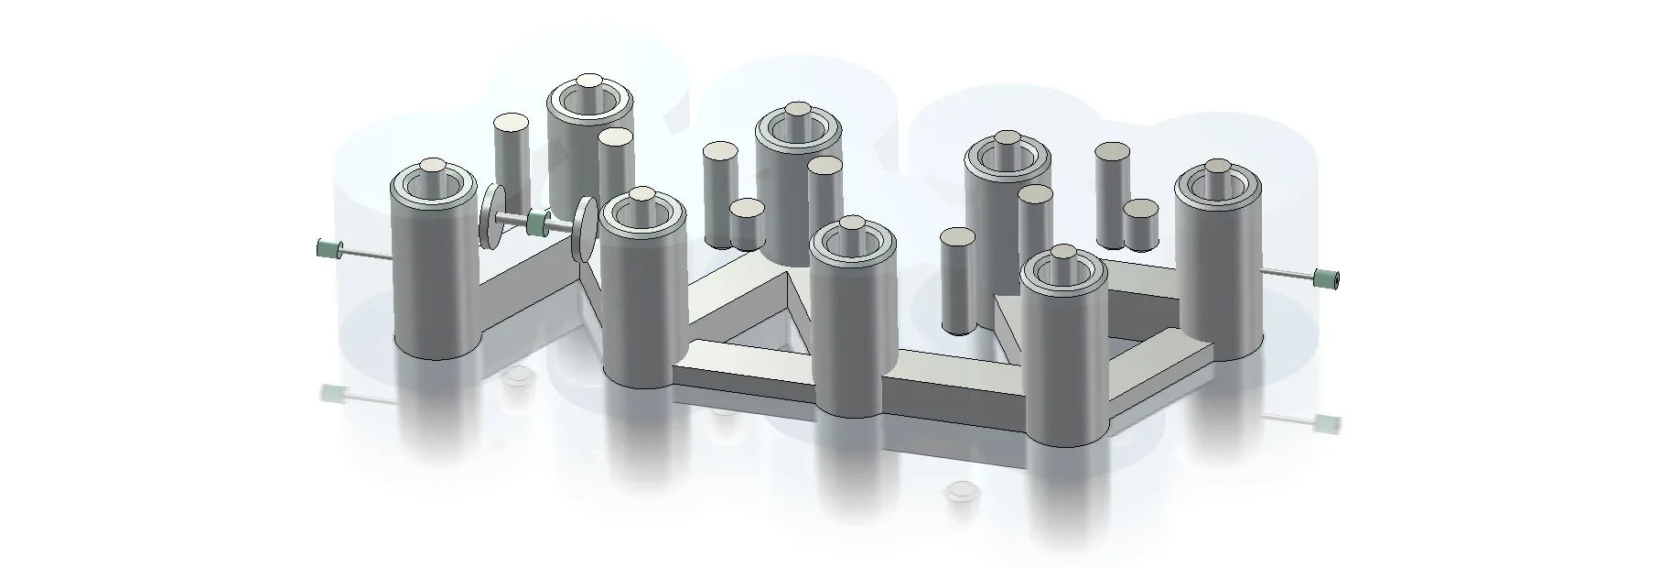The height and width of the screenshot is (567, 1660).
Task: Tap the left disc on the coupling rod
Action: [494, 216]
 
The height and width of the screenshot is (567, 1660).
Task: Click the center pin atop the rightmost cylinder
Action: [1217, 169]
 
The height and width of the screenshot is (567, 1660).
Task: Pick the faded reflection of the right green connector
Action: [1325, 423]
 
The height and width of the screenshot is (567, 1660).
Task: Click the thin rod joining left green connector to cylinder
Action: [366, 254]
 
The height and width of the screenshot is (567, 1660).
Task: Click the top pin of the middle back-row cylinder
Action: [796, 112]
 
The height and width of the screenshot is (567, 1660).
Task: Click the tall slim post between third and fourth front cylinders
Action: [957, 279]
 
